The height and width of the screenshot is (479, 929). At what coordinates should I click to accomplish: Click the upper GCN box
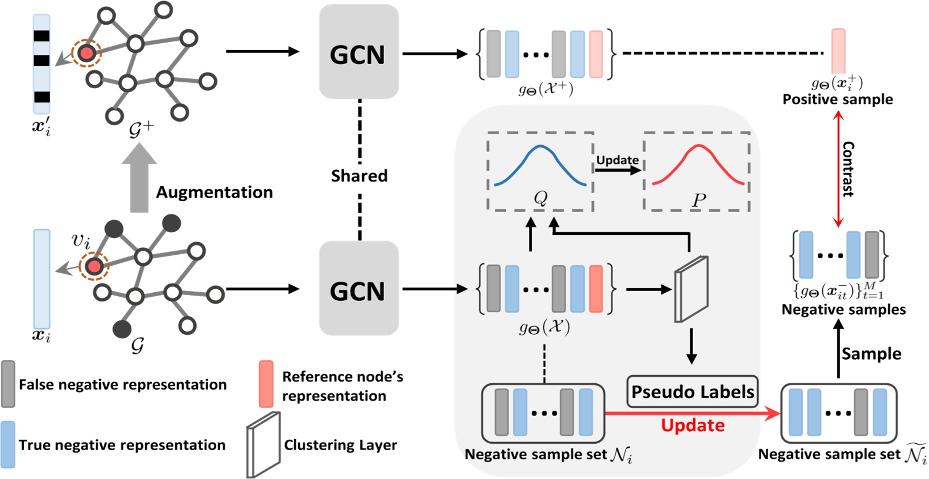tap(359, 52)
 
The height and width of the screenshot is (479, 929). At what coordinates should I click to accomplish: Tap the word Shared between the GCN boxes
tap(359, 176)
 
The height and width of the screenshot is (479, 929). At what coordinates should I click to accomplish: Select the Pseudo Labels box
tap(692, 392)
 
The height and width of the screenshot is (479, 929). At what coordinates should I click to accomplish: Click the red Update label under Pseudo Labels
tap(693, 425)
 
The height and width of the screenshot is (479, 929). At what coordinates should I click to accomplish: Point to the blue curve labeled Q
tap(540, 164)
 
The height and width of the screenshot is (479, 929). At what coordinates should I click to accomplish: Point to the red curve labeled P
tap(698, 164)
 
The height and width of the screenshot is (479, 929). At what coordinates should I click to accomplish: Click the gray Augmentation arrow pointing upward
tap(139, 179)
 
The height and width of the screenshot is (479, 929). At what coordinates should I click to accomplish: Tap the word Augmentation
tap(215, 192)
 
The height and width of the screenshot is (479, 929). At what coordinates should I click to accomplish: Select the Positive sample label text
tap(837, 100)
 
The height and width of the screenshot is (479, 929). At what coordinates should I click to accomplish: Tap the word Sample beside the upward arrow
tap(871, 353)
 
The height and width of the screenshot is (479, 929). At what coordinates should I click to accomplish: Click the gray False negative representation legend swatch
tap(8, 383)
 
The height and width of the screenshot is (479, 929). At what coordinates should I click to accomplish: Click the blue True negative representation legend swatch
tap(8, 444)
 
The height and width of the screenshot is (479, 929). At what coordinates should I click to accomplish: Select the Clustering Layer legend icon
tap(264, 444)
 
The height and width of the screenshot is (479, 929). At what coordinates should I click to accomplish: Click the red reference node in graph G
tap(94, 266)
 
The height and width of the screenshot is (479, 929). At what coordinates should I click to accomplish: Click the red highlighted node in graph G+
tap(86, 53)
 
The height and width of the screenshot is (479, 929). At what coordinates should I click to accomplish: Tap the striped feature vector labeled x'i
tap(42, 64)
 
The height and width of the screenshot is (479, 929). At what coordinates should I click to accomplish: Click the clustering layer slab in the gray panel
tap(691, 288)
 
